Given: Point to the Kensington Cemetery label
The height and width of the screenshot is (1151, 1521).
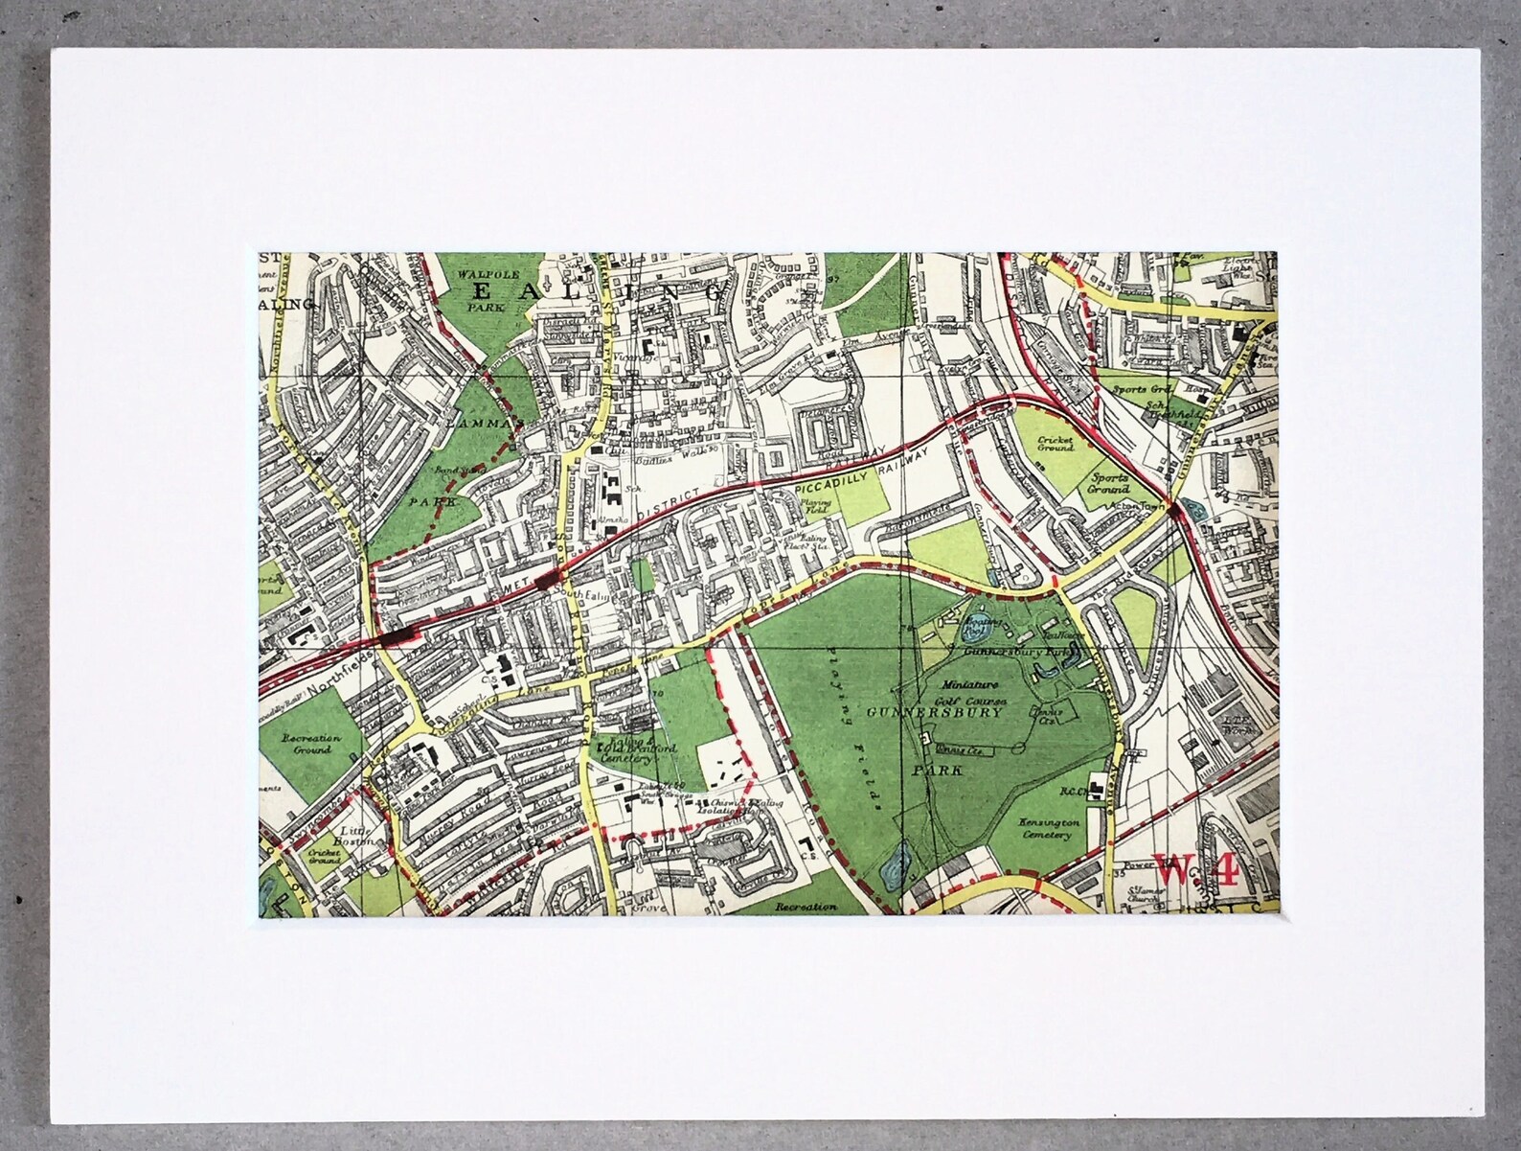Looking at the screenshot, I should point(1050,830).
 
